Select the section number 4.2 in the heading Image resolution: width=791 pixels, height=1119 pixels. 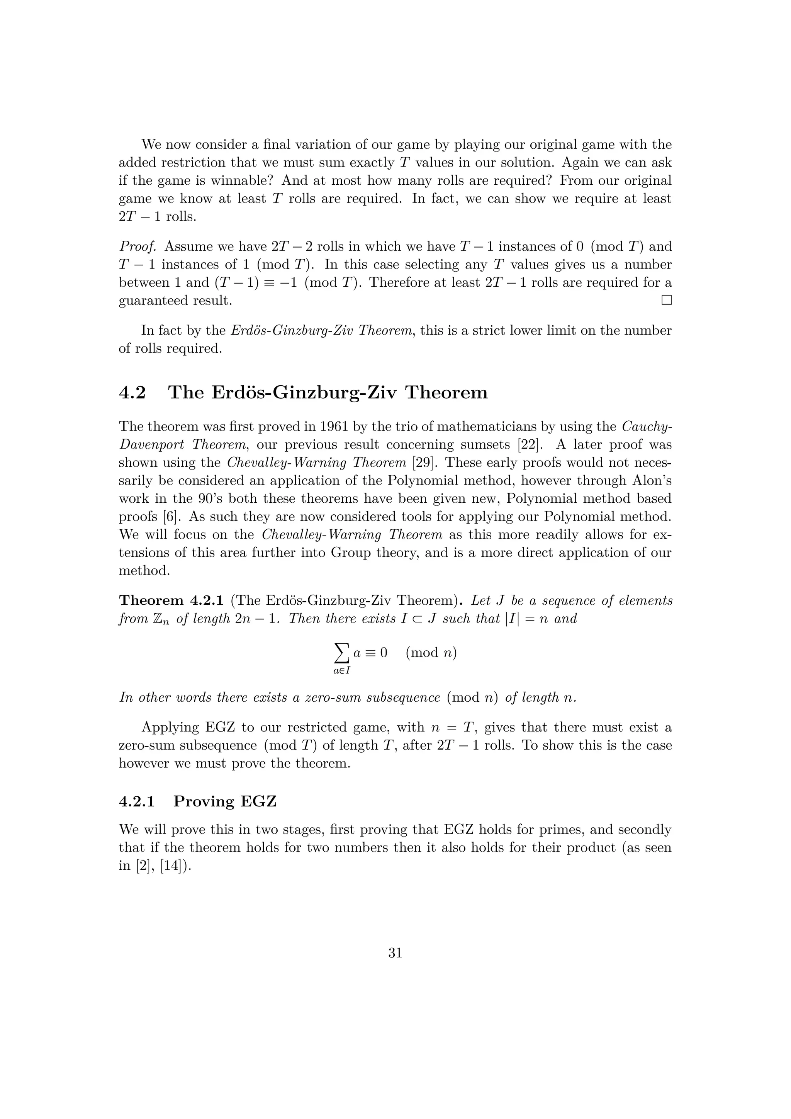pos(132,392)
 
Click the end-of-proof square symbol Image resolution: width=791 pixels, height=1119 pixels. pos(666,300)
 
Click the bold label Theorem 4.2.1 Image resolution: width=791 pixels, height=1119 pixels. pos(171,600)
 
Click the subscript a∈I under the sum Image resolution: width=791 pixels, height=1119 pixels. pos(342,671)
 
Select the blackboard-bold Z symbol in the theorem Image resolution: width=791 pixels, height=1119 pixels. pos(149,619)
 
